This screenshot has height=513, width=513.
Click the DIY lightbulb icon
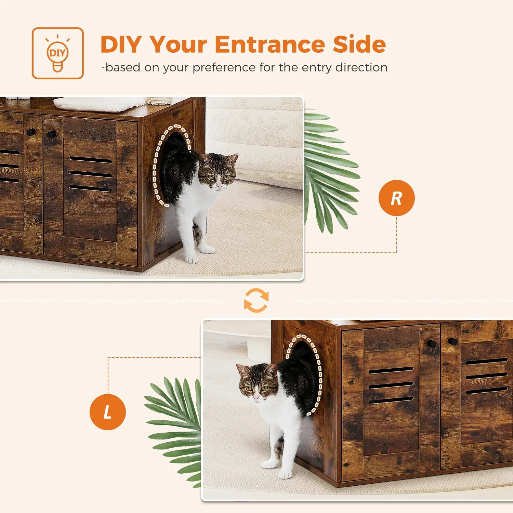pos(57,53)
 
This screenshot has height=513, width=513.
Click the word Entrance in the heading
pos(270,44)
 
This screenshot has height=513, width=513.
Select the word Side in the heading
pos(359,44)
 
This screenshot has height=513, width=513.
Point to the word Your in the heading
pos(178,44)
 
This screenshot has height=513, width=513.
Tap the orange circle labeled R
pos(396,198)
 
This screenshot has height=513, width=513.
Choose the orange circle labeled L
pos(108,412)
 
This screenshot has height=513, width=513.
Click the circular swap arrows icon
pos(256,300)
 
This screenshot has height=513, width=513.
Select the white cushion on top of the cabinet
pos(99,104)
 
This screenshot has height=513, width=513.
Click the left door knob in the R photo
pos(31,132)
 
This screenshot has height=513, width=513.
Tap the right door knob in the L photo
pos(453,341)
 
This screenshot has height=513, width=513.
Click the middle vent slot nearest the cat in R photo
pos(90,174)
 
